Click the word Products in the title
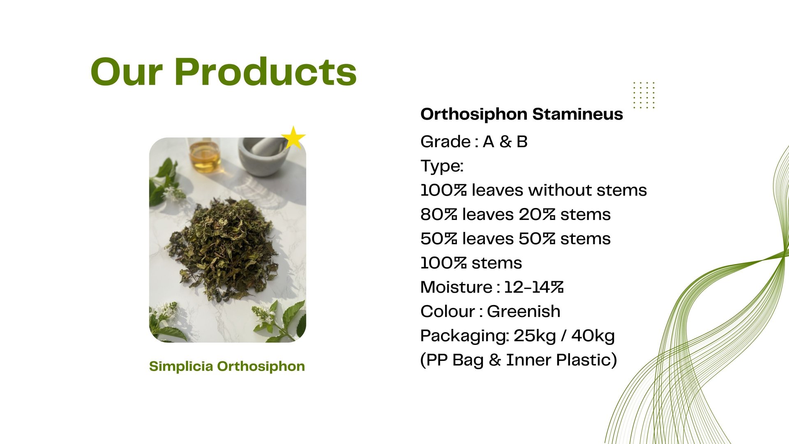(265, 72)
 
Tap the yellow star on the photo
(293, 138)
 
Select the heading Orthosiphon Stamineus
(521, 114)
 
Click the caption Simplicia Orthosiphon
(227, 366)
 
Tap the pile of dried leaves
(222, 249)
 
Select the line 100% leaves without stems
(533, 190)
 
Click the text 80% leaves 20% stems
(515, 215)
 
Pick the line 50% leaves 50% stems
(515, 239)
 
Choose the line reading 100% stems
(471, 263)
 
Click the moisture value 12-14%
(534, 287)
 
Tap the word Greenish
(524, 312)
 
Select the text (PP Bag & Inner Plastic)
(519, 360)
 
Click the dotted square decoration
(644, 95)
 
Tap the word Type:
(442, 166)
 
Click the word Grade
(445, 142)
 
